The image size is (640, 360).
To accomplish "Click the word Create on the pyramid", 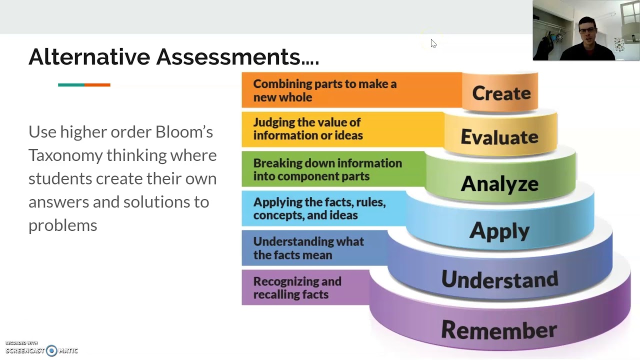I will tap(501, 93).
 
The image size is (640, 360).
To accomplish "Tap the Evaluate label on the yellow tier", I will tap(499, 137).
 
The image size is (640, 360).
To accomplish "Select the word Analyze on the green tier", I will tap(499, 184).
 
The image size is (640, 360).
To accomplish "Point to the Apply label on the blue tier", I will tap(499, 231).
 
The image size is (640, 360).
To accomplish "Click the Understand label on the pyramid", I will tap(499, 279).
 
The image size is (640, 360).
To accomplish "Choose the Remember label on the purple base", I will tap(498, 330).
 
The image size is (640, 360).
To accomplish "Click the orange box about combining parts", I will tap(325, 90).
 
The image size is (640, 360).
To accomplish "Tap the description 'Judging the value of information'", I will tap(308, 129).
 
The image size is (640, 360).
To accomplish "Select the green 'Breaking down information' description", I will tap(327, 169).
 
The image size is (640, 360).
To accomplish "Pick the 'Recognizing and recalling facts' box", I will tap(297, 288).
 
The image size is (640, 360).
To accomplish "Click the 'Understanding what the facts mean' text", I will tap(308, 248).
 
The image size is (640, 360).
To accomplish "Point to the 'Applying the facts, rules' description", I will tap(319, 208).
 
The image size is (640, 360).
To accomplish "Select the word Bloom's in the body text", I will tap(184, 132).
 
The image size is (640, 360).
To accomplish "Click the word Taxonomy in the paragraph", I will tap(65, 155).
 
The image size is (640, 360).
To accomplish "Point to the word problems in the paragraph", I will tap(62, 225).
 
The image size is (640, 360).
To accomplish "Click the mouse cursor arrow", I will tap(433, 43).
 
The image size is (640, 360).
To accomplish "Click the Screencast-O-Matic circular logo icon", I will tap(51, 351).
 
